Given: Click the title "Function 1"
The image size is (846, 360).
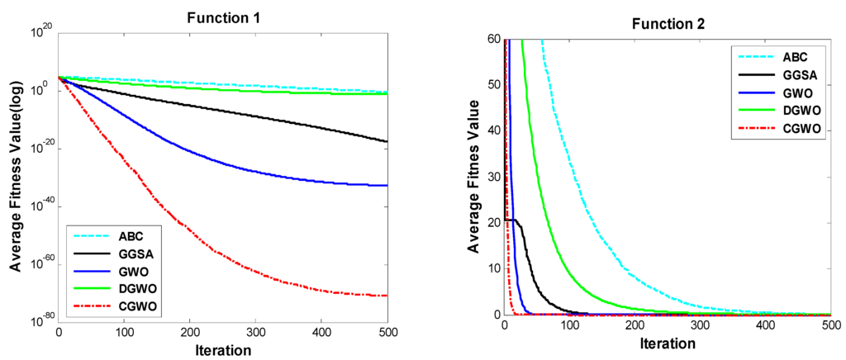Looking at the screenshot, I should pyautogui.click(x=222, y=17).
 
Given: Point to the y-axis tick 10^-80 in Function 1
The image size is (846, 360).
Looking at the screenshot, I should pyautogui.click(x=40, y=319).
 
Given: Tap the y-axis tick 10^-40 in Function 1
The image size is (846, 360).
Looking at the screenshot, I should pyautogui.click(x=40, y=205).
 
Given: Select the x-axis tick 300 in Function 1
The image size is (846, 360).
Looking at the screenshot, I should pyautogui.click(x=256, y=333).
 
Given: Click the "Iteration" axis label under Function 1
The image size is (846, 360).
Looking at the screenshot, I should pyautogui.click(x=223, y=349).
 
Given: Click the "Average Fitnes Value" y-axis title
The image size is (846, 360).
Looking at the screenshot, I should pyautogui.click(x=472, y=176).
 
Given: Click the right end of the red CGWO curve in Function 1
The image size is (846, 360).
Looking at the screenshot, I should pyautogui.click(x=387, y=296).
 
